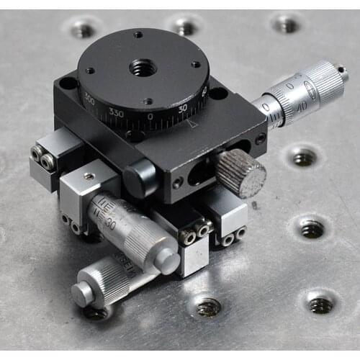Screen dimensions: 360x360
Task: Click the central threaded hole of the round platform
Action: [x=143, y=68]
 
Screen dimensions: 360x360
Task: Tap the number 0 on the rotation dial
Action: [x=150, y=117]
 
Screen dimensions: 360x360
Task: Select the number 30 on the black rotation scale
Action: [x=181, y=108]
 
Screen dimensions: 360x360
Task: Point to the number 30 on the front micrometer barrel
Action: [x=110, y=222]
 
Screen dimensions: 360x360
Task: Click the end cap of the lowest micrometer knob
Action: [x=81, y=294]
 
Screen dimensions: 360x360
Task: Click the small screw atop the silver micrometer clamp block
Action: [x=89, y=176]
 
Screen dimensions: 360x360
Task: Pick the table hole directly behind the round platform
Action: [x=185, y=27]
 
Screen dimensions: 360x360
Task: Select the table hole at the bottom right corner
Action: [x=321, y=304]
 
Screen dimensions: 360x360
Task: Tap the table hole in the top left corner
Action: [x=83, y=30]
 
